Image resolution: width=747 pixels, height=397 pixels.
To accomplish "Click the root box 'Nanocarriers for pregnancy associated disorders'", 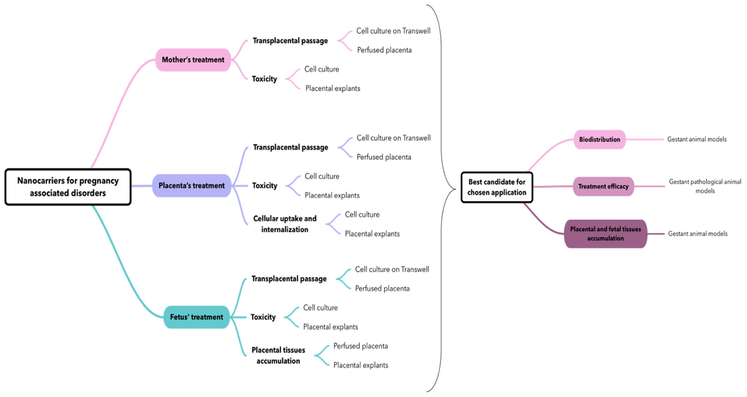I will (68, 187).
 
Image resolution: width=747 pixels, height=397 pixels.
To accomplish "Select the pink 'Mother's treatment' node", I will (193, 60).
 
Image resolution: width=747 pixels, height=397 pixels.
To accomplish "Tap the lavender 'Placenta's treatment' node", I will (191, 186).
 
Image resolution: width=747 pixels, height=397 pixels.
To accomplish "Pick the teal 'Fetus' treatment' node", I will (196, 317).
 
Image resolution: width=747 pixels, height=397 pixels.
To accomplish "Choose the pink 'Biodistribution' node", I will (599, 139).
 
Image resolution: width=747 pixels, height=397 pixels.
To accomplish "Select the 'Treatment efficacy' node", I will (603, 186).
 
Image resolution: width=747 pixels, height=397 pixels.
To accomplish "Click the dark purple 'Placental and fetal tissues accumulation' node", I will (605, 234).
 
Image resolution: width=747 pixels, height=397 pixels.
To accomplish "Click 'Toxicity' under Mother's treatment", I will (264, 79).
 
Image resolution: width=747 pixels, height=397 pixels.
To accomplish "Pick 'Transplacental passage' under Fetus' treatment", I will (289, 279).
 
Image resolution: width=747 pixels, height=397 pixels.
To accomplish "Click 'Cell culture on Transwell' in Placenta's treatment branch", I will (393, 138).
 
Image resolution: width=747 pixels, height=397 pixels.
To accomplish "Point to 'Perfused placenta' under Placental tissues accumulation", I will (360, 346).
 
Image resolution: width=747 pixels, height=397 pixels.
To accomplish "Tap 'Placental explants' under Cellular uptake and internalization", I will (372, 234).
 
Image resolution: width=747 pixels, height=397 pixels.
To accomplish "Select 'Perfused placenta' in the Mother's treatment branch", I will (384, 50).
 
